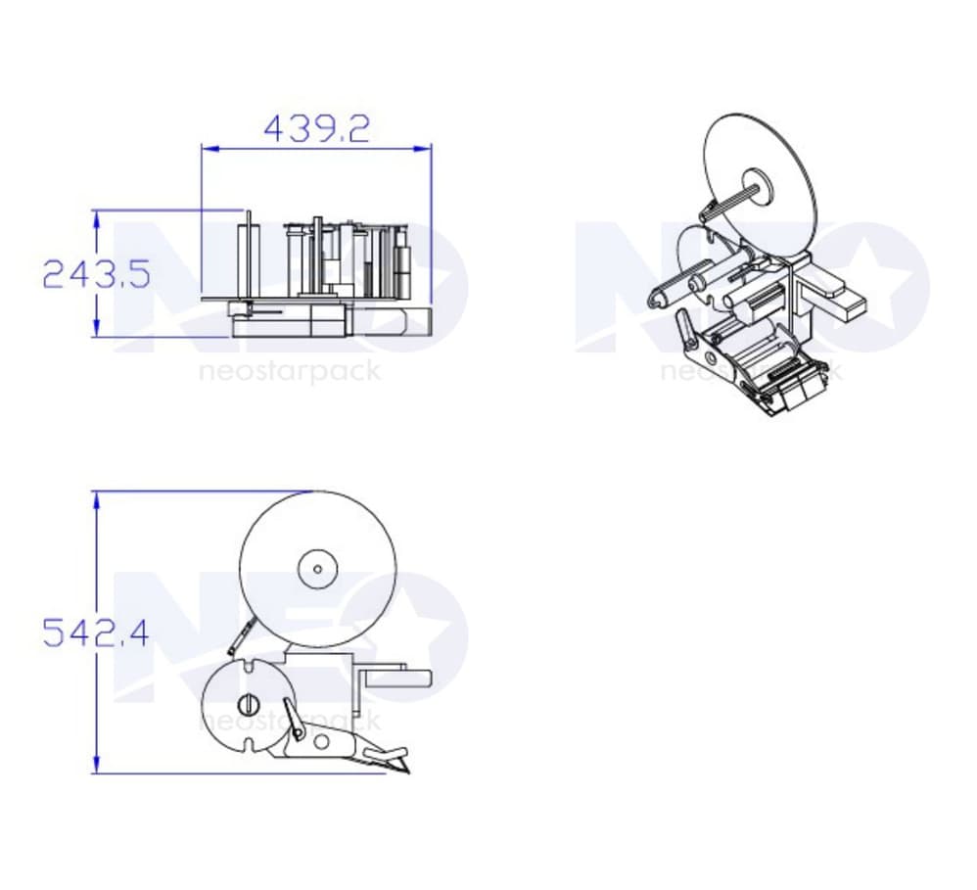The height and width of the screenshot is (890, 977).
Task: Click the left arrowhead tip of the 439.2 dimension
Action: tap(202, 149)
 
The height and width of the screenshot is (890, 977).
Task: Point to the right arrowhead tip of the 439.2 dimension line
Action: tap(431, 149)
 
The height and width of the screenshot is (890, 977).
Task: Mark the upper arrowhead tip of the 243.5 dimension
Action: tap(96, 211)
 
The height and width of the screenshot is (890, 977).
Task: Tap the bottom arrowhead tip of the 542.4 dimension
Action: tap(96, 773)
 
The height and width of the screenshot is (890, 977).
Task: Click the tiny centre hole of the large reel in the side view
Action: tap(318, 569)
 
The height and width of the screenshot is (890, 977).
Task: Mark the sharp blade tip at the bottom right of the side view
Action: tap(409, 773)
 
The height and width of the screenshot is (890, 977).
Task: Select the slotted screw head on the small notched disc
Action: tap(248, 704)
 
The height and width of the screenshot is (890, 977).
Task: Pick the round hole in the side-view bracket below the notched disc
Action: tap(321, 742)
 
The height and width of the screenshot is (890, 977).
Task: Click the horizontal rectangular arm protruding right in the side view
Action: tap(398, 678)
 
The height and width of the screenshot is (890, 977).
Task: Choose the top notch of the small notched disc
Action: tap(249, 666)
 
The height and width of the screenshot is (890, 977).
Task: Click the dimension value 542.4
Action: tap(96, 633)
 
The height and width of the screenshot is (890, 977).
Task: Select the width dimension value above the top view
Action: tap(316, 129)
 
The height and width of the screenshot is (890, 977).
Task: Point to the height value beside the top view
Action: tap(97, 274)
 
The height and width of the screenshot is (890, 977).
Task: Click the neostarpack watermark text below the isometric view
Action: tap(751, 371)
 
